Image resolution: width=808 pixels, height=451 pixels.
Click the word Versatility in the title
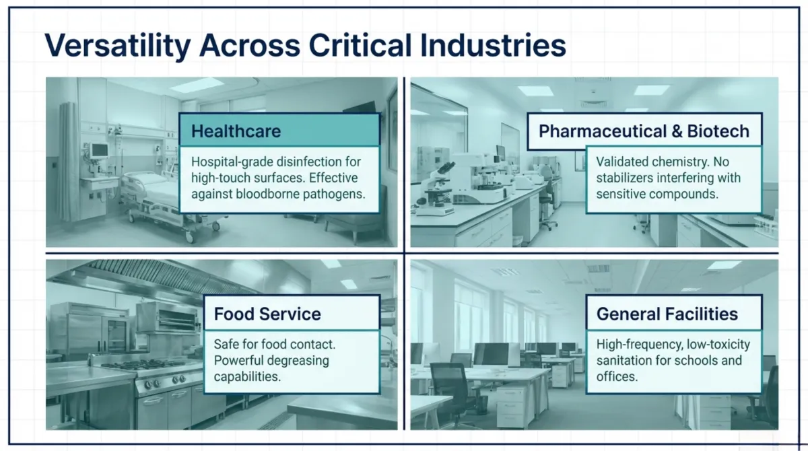tap(118, 46)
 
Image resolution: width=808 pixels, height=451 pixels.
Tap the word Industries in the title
tap(493, 45)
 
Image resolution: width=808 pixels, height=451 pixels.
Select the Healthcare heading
tap(236, 131)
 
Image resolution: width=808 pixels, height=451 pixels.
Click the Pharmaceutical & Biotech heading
tap(644, 131)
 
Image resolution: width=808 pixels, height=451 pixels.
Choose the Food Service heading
tap(267, 314)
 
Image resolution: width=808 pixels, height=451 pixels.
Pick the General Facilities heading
tap(667, 314)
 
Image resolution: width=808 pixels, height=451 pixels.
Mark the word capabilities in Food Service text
tap(247, 377)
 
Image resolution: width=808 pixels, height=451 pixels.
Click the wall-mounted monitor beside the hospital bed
tap(99, 150)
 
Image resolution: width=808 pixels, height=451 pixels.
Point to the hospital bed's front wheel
tap(189, 237)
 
